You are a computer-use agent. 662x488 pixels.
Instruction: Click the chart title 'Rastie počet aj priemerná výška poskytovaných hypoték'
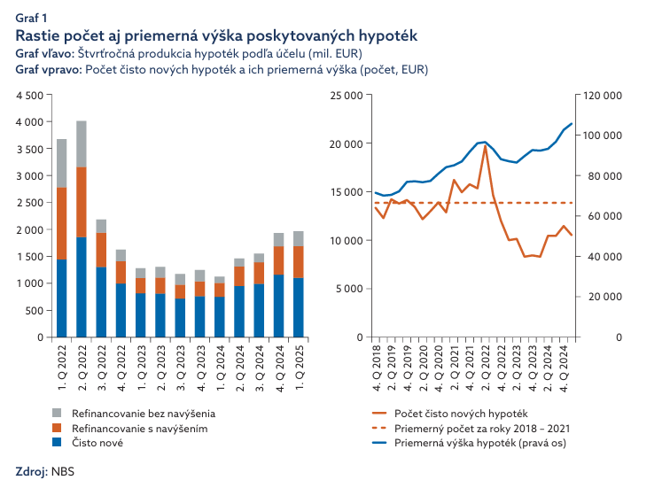click(216, 35)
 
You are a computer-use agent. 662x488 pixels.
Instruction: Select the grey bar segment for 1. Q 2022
click(62, 163)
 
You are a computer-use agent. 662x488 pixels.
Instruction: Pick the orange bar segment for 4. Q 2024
click(278, 260)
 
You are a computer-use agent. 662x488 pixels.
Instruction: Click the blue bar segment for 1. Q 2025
click(298, 307)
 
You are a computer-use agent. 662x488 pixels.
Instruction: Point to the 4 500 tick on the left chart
click(29, 95)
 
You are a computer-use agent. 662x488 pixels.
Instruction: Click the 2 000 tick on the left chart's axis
click(29, 229)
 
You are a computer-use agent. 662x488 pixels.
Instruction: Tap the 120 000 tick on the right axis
click(602, 95)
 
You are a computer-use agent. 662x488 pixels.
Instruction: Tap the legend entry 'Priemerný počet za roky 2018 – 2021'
click(481, 428)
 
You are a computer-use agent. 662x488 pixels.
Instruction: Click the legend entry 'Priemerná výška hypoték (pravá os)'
click(481, 443)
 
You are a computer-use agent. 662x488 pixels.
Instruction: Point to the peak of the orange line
click(485, 146)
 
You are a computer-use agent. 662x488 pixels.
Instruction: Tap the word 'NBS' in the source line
click(62, 471)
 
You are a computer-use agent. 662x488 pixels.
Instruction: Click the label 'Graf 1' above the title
click(32, 17)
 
